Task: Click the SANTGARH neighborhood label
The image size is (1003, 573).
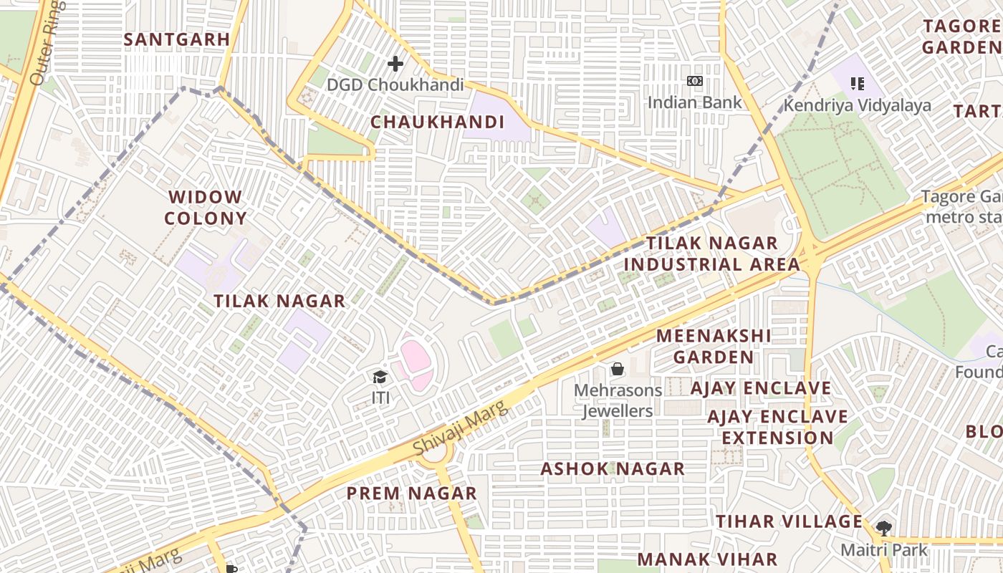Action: [176, 39]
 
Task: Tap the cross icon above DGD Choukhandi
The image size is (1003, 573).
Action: [395, 64]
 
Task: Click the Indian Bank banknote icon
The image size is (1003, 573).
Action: [694, 81]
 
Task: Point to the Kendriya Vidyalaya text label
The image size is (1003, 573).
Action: [857, 105]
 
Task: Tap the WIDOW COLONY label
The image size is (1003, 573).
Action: [206, 208]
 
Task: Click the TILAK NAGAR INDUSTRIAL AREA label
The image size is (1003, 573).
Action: [711, 254]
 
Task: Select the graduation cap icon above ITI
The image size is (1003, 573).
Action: [380, 377]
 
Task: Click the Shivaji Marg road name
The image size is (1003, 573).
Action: [461, 428]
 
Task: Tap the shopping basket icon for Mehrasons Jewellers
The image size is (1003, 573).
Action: [617, 370]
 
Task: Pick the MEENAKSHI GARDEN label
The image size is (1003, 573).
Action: [714, 346]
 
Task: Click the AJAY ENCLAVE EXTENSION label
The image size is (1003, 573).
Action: [777, 427]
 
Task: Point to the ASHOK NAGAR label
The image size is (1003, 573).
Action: [613, 469]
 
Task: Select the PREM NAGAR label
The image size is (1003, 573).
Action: [411, 493]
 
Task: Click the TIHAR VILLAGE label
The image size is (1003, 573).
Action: [789, 521]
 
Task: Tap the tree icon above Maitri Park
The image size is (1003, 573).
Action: [884, 529]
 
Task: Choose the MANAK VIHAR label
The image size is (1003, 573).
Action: [707, 559]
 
